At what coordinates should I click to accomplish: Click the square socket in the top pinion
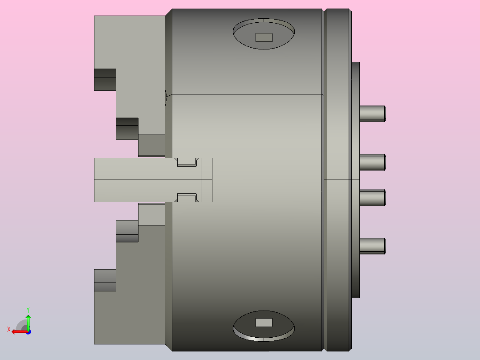pos(264,37)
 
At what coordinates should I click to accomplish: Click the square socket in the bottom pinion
pos(264,322)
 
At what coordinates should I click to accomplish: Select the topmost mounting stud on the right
pos(372,114)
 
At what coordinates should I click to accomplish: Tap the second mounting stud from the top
pos(372,162)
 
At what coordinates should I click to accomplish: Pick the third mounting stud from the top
pos(372,198)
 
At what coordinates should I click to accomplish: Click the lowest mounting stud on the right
pos(372,246)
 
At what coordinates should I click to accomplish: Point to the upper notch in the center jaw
pos(187,162)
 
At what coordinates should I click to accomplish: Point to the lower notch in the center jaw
pos(187,197)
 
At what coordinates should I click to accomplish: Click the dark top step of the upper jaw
pos(105,79)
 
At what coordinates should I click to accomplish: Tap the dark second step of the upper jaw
pos(127,128)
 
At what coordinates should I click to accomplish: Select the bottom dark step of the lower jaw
pos(105,280)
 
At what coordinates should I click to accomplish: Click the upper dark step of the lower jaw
pos(127,231)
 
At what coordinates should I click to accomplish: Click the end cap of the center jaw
pos(207,180)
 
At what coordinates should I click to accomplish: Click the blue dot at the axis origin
pos(28,331)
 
